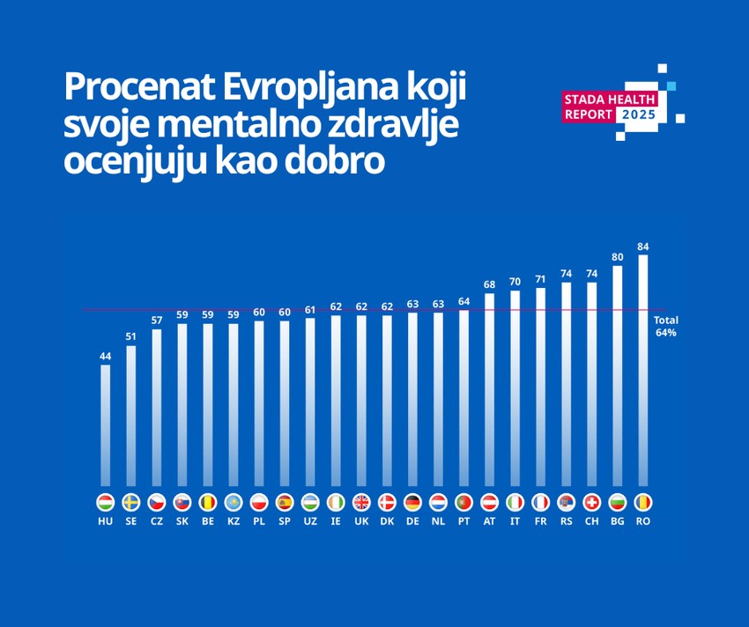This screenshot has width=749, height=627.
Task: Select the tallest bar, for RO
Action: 643,370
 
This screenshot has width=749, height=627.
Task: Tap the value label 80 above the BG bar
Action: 618,257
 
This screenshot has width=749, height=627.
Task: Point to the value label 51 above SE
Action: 131,336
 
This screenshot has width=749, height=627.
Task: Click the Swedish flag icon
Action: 131,502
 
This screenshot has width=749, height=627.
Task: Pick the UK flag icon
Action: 361,502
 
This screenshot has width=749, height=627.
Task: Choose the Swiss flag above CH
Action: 592,502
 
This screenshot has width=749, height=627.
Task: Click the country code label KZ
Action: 234,521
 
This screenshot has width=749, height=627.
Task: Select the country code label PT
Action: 463,521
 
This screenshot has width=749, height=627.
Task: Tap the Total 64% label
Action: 665,327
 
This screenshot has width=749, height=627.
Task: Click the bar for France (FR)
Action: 541,387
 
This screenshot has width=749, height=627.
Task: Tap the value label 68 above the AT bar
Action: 490,284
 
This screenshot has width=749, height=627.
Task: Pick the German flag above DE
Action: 412,502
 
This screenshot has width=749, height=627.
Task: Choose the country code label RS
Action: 567,521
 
